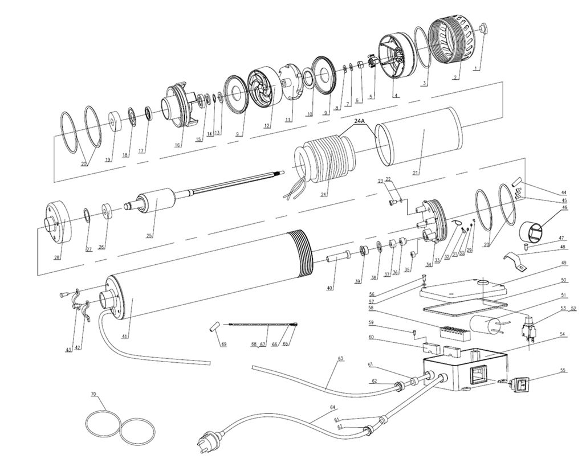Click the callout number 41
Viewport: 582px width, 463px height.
tap(125, 336)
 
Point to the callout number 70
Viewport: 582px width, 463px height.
tap(94, 394)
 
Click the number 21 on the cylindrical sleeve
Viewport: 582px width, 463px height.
tap(416, 173)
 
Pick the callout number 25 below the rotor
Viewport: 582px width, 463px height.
tap(150, 235)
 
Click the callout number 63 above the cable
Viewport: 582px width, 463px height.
tap(341, 359)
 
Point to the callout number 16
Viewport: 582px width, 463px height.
tap(178, 145)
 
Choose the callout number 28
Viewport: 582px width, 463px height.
tap(57, 257)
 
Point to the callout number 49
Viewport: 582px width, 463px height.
tap(564, 263)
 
